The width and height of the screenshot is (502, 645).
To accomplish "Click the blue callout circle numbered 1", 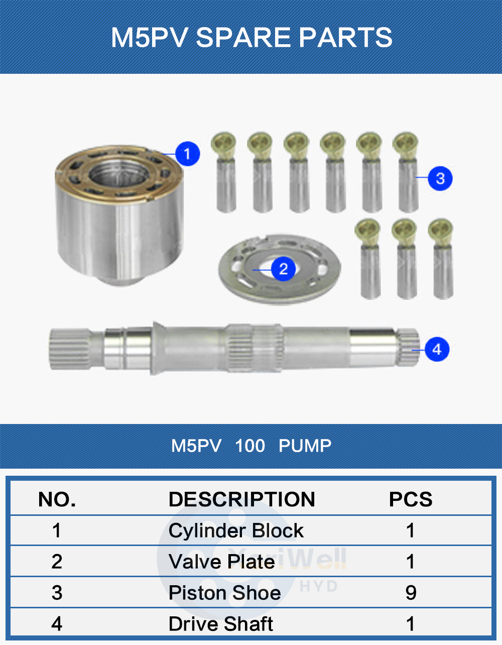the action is pyautogui.click(x=187, y=154).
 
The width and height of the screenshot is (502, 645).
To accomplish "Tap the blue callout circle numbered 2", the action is pyautogui.click(x=284, y=269).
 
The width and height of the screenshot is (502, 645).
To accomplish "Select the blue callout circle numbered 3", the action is pyautogui.click(x=440, y=178).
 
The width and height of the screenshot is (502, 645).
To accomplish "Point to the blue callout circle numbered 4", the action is pyautogui.click(x=437, y=349).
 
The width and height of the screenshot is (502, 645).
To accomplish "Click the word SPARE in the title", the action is pyautogui.click(x=243, y=37).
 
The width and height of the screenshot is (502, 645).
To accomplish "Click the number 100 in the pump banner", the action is pyautogui.click(x=249, y=446).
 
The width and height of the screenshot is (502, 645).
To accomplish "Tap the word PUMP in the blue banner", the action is pyautogui.click(x=305, y=446).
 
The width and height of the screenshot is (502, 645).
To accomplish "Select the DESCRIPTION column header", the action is pyautogui.click(x=241, y=499).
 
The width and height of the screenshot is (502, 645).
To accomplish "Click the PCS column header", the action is pyautogui.click(x=410, y=499).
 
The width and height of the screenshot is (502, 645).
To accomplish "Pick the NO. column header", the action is pyautogui.click(x=57, y=499).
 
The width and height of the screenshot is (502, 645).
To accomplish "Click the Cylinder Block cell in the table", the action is pyautogui.click(x=236, y=530).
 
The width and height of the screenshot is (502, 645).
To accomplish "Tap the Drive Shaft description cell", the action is pyautogui.click(x=220, y=623).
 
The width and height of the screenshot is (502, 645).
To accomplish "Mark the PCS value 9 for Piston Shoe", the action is pyautogui.click(x=411, y=593).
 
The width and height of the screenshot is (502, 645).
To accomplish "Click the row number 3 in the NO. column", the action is pyautogui.click(x=57, y=593).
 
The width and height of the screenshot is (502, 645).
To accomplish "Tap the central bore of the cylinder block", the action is pyautogui.click(x=119, y=174).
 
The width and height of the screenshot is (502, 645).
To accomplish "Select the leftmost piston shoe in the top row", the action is pyautogui.click(x=225, y=172).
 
